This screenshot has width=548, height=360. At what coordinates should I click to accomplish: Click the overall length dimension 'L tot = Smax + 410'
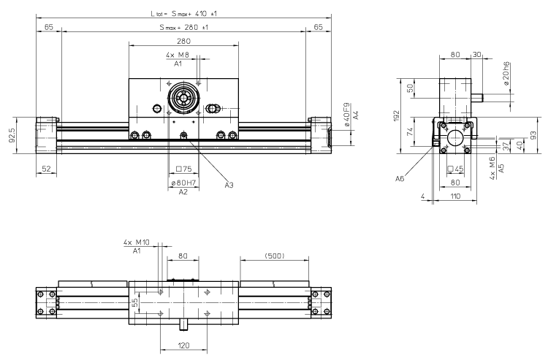182,14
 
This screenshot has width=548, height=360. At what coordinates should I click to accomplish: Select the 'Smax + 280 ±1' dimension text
183,27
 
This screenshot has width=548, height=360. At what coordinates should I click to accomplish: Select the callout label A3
229,185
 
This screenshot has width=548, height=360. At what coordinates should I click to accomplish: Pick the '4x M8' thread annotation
178,55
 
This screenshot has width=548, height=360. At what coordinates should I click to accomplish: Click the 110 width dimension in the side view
455,197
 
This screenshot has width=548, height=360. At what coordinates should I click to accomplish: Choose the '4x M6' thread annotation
492,169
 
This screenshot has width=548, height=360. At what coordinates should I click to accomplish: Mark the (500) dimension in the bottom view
274,256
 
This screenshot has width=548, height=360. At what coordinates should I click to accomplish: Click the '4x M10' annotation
137,242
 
